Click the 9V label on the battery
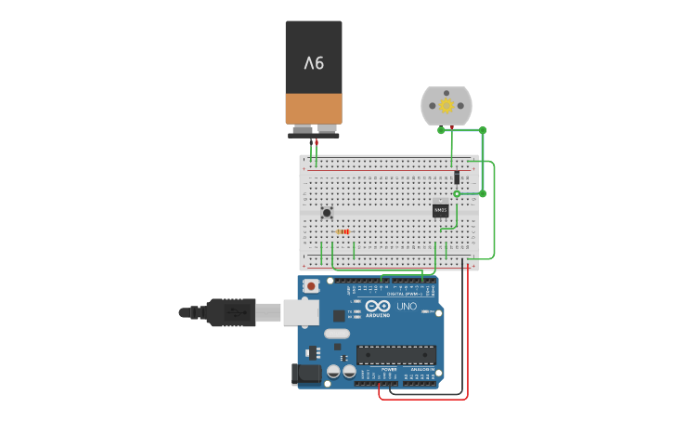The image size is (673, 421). (x=314, y=63)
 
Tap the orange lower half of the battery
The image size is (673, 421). (x=314, y=108)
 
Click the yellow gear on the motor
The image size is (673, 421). (x=447, y=106)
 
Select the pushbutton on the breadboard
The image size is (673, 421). (x=327, y=212)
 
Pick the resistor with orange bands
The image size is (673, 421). (x=343, y=231)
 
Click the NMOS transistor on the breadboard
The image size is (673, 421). (x=440, y=210)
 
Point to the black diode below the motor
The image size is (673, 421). (x=457, y=177)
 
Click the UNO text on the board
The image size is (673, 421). (x=407, y=306)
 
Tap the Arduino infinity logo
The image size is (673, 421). (x=378, y=306)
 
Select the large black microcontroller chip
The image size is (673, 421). (x=396, y=354)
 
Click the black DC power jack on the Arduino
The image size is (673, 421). (x=307, y=374)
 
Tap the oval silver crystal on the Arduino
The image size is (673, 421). (x=337, y=333)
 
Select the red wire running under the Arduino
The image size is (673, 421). (x=422, y=399)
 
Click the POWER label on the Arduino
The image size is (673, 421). (x=388, y=370)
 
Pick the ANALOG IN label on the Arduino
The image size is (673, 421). (x=422, y=370)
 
